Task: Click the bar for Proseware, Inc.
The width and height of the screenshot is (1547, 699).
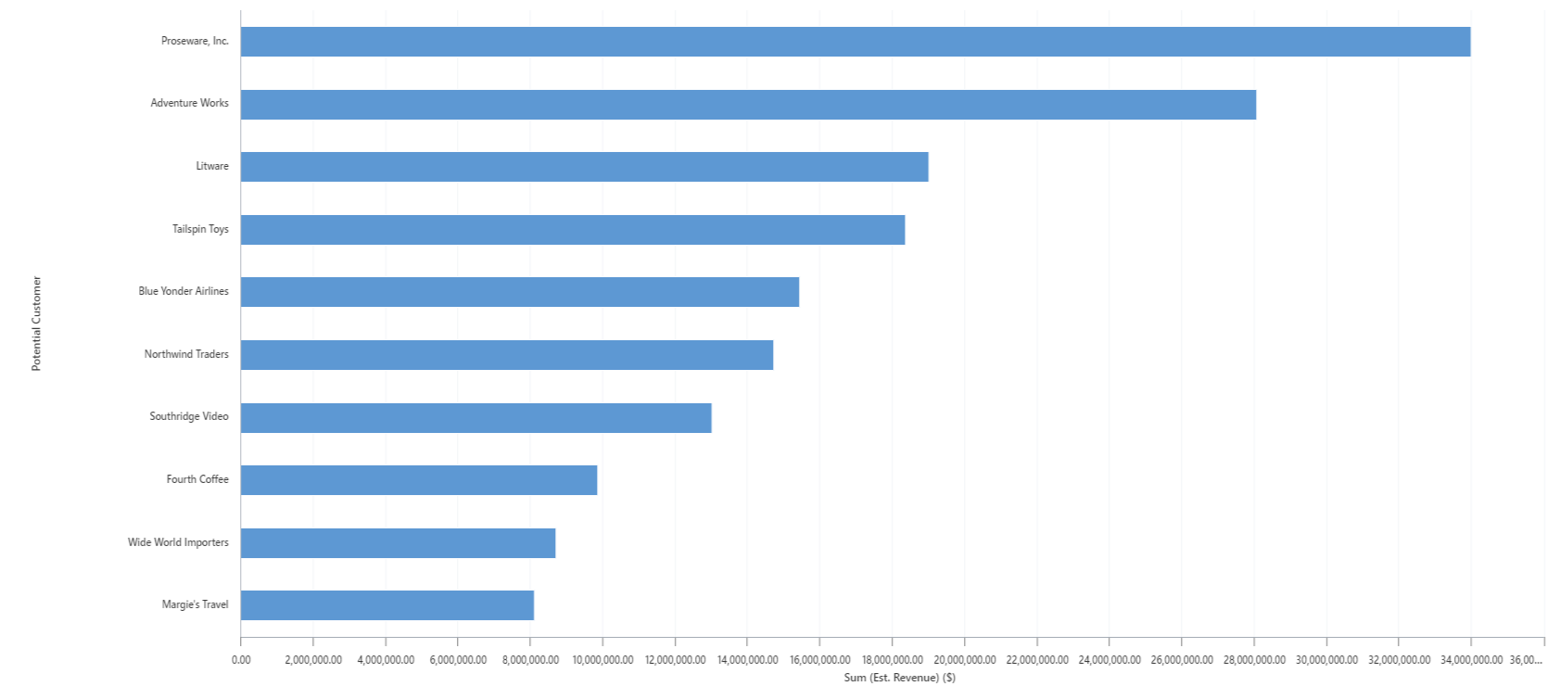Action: (x=855, y=42)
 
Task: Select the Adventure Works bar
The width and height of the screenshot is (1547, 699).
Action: (x=748, y=105)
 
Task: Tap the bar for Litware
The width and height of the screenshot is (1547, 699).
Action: (x=584, y=167)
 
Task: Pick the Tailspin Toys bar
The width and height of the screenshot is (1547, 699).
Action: (x=572, y=230)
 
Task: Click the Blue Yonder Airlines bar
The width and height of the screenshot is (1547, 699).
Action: (x=519, y=292)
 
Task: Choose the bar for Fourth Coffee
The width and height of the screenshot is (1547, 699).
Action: (x=418, y=480)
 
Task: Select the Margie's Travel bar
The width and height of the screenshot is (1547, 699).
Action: (x=387, y=605)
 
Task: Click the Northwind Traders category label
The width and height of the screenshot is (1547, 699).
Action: (x=186, y=354)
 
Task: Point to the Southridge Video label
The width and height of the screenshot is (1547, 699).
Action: (x=189, y=416)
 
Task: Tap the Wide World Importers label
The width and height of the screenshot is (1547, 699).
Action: (x=178, y=542)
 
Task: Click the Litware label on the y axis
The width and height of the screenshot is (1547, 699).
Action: (x=212, y=166)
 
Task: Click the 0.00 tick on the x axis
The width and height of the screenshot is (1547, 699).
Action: (x=241, y=660)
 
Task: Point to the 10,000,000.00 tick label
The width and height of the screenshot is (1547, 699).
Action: (x=602, y=660)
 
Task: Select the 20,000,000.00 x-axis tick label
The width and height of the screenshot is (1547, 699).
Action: (x=965, y=660)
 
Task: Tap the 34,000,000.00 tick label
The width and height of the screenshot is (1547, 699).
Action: (x=1471, y=660)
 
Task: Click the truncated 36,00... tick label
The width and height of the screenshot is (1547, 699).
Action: (x=1526, y=660)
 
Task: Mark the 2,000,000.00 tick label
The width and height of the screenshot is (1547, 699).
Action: (x=313, y=660)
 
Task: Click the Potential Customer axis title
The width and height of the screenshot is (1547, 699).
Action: (x=37, y=324)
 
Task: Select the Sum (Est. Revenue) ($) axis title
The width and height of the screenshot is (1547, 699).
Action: (x=899, y=678)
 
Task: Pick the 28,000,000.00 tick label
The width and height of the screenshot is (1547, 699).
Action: (x=1254, y=660)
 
